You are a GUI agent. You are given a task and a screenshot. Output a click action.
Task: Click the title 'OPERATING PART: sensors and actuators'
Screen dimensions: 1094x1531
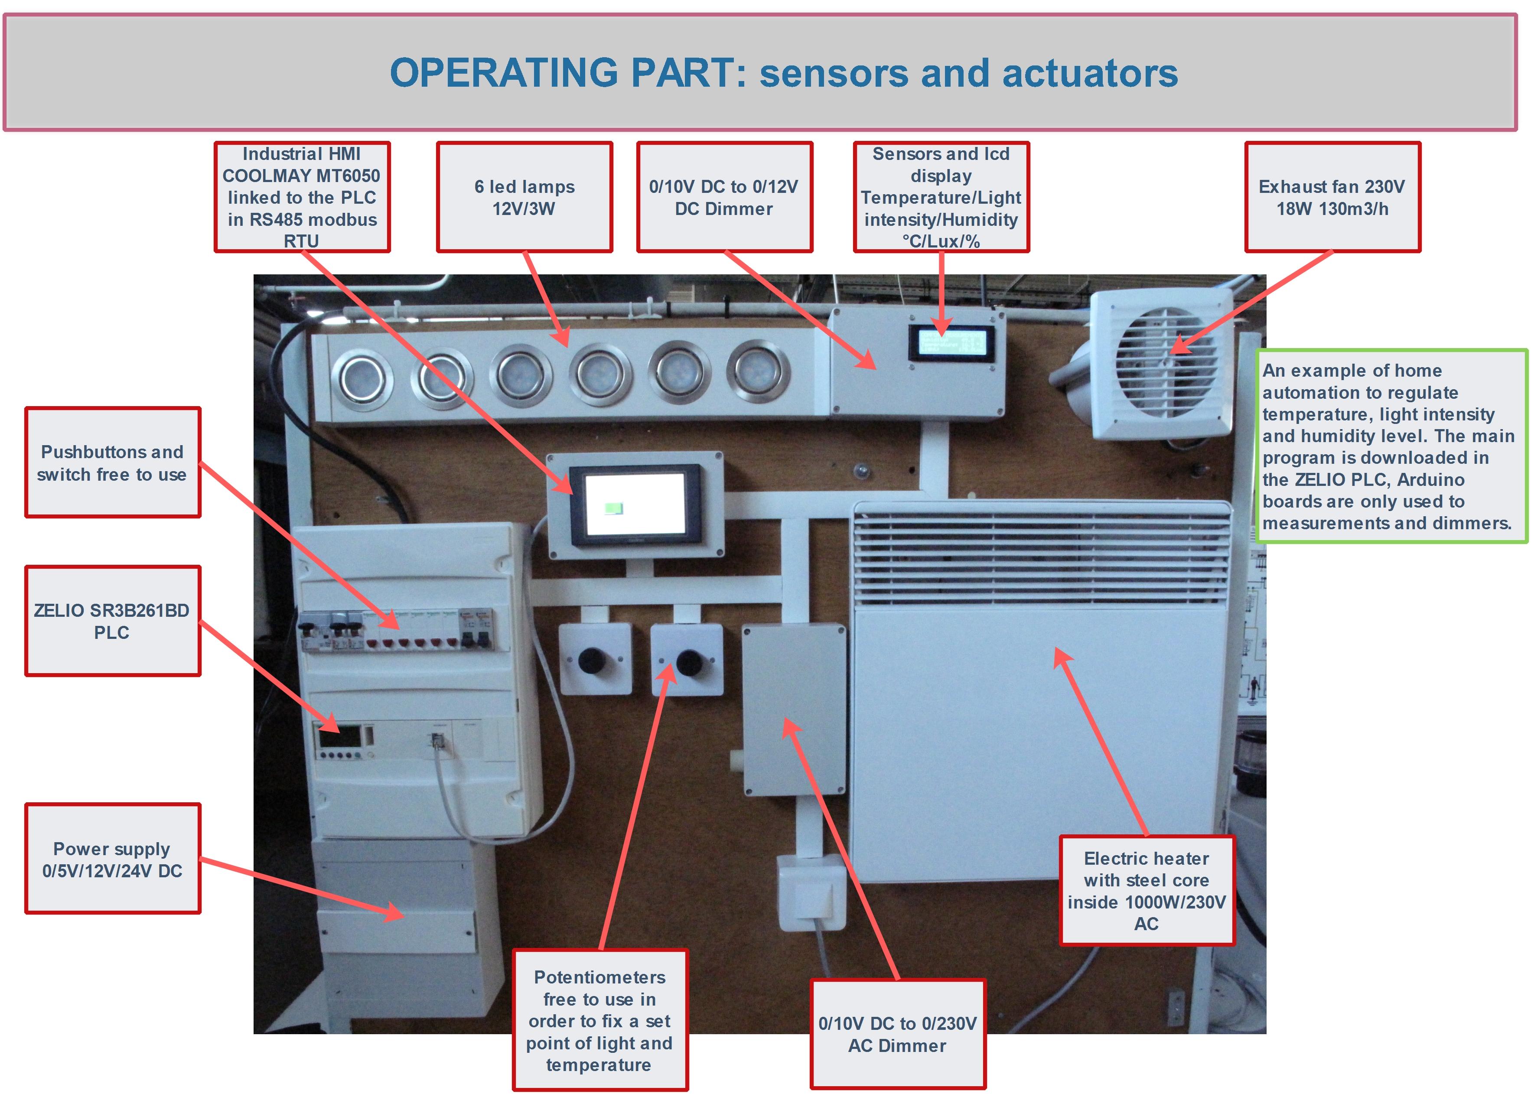pos(783,73)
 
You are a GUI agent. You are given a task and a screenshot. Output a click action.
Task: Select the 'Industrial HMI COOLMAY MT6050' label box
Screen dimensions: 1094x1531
pos(302,197)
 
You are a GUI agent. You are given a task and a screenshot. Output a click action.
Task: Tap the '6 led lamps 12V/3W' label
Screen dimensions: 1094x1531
pos(524,197)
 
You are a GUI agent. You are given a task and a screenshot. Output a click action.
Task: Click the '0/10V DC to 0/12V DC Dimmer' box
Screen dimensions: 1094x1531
pos(724,197)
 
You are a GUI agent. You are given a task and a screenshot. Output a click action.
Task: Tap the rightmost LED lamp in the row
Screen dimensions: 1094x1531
pos(758,371)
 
